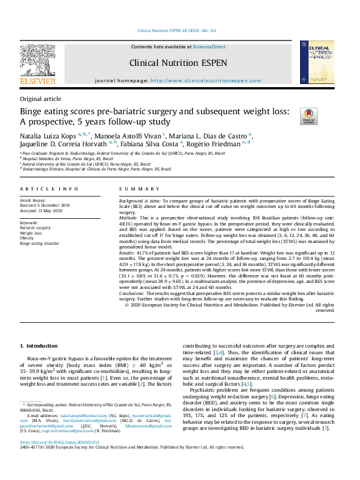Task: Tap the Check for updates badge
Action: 292,116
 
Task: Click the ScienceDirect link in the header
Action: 209,47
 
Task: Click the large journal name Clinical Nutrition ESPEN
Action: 178,62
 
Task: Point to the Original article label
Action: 41,99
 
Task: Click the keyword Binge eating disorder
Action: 39,243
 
